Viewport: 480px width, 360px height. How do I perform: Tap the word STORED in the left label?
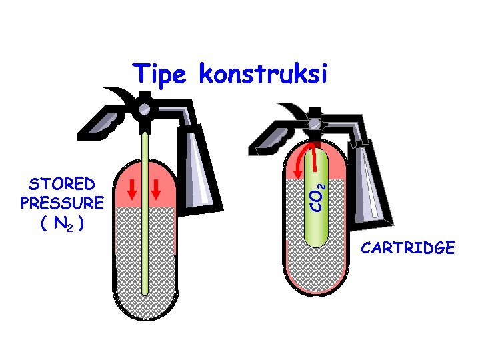click(x=61, y=183)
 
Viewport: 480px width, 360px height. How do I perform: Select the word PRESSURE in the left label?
click(x=61, y=201)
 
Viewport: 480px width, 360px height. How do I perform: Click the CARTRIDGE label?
click(x=408, y=249)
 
